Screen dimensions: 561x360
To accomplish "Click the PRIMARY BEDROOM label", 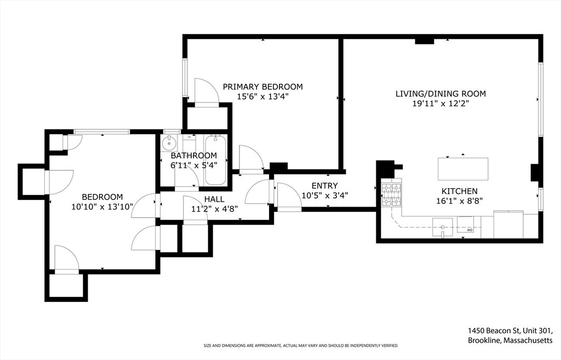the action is (x=262, y=87).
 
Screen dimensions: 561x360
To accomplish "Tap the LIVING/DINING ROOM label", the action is (x=440, y=94).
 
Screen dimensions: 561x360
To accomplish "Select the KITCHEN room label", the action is (x=460, y=191).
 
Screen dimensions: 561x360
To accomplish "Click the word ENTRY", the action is (x=324, y=186).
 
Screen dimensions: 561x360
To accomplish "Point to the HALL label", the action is (x=214, y=199).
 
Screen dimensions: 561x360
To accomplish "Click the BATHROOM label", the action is (x=193, y=156).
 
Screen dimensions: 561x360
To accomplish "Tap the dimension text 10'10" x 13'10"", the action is (x=102, y=207).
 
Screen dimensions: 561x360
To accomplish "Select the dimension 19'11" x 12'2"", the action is (x=440, y=104).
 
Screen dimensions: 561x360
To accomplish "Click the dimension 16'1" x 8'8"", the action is (x=460, y=201).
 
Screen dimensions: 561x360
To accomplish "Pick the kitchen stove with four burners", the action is (x=391, y=195).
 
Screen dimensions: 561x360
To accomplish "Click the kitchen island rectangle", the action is (x=463, y=169).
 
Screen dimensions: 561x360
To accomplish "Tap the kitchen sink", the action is (x=443, y=227).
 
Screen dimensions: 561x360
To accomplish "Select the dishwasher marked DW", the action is (x=466, y=225).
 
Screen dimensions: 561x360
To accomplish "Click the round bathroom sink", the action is (x=169, y=144).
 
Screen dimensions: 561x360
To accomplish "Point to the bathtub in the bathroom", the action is (x=215, y=160).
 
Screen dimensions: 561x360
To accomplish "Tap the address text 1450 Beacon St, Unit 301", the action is (x=510, y=330).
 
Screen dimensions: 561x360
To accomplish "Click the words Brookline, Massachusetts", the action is (x=510, y=340).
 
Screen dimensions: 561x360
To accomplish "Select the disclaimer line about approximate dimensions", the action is (x=301, y=346).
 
